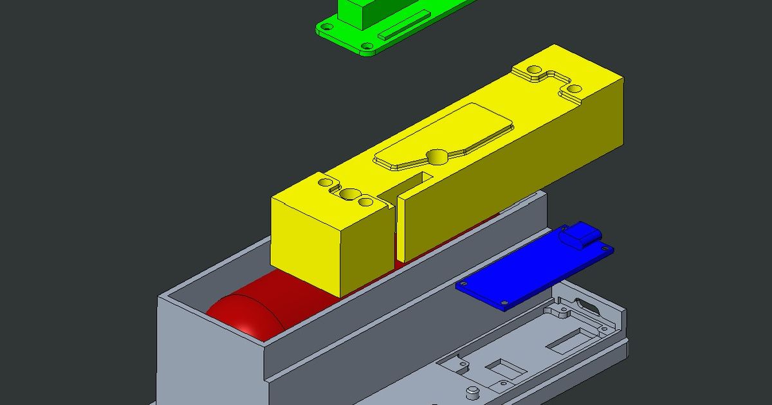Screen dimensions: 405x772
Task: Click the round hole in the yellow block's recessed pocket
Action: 437,156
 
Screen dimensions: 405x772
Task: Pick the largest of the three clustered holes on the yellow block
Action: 351,194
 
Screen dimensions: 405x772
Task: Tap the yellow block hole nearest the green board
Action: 534,70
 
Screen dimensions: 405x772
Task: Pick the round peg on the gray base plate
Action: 473,392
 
